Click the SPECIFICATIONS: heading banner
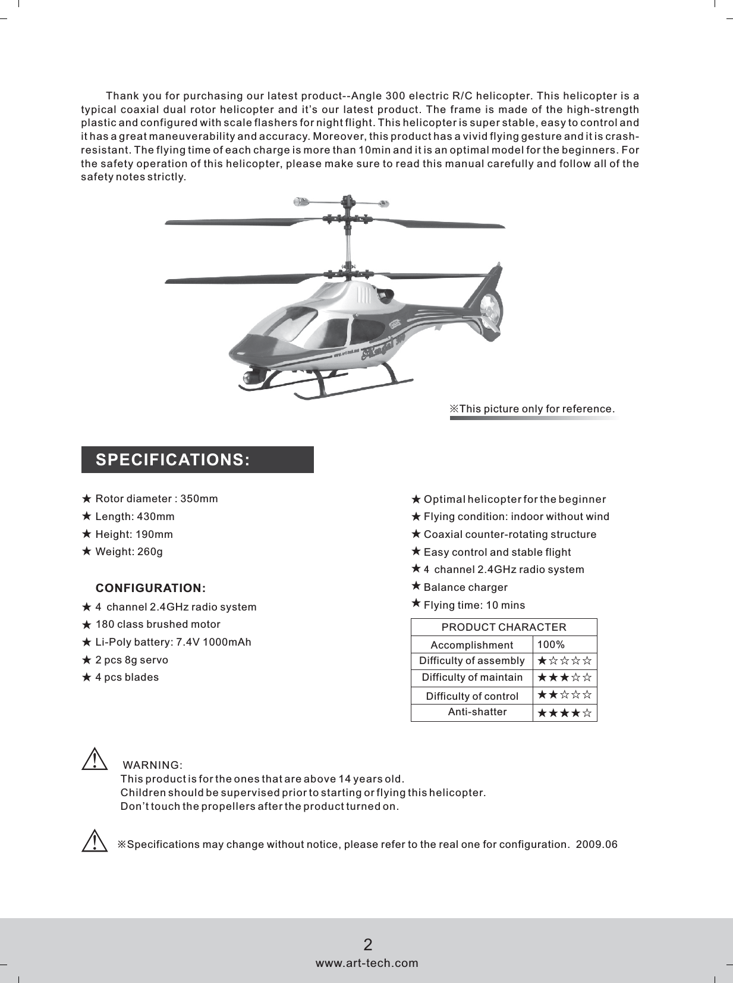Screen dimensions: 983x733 pos(197,460)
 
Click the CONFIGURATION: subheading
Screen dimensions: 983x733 pos(151,588)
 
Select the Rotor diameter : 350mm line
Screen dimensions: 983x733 pos(156,499)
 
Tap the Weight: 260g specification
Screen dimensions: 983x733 pos(128,552)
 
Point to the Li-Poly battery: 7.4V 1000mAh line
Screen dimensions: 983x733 pos(173,642)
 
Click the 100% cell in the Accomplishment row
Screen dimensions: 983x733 pos(550,645)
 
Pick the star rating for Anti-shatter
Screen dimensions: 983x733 pos(564,713)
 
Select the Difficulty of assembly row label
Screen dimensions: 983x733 pos(471,661)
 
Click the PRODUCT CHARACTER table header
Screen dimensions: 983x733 pos(504,627)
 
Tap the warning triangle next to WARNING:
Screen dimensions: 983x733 pos(94,760)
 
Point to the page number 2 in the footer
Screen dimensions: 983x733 pos(367,944)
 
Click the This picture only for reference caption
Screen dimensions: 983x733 pos(532,409)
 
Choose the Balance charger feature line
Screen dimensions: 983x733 pos(465,588)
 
